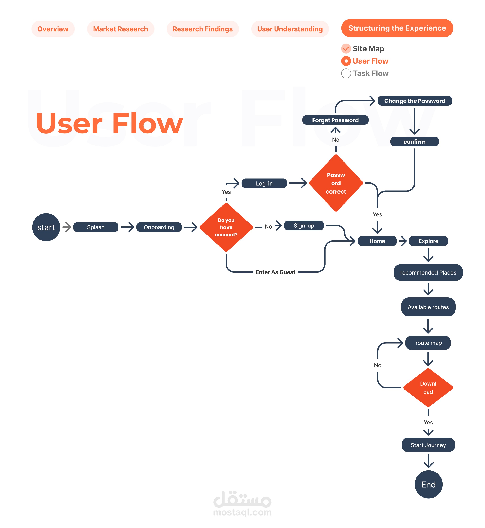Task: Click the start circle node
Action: coord(46,227)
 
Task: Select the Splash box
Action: coord(96,227)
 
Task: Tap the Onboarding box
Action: coord(159,227)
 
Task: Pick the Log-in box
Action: coord(264,183)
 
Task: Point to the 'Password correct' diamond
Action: coord(336,183)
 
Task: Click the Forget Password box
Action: coord(335,120)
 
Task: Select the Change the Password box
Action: coord(415,101)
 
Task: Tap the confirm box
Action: coord(415,142)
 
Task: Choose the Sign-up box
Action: coord(304,226)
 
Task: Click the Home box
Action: coord(377,241)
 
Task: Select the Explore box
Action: coord(428,241)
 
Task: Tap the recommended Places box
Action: coord(428,272)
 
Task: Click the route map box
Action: coord(428,343)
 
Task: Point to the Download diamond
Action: coord(428,388)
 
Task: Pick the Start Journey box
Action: coord(428,445)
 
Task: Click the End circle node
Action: coord(429,484)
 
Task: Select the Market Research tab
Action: coord(120,29)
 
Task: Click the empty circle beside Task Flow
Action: coord(346,73)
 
